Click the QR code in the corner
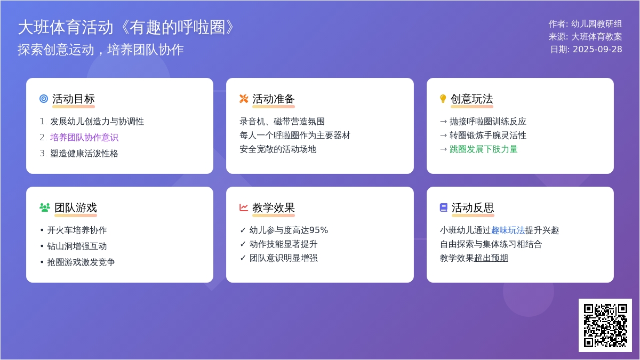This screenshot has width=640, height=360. point(605,325)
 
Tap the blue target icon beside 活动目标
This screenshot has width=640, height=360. point(44,99)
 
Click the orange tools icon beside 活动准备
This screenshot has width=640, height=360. point(244,99)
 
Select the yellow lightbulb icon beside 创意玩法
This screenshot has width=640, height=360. point(443,99)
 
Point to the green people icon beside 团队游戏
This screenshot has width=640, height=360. point(45,207)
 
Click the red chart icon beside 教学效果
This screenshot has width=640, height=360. point(244,207)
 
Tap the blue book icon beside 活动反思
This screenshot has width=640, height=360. point(443,207)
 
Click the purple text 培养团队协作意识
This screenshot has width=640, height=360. point(84,138)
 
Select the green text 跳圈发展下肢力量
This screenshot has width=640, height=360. point(484,149)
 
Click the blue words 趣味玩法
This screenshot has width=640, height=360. point(508,230)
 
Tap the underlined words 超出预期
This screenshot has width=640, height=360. point(491,258)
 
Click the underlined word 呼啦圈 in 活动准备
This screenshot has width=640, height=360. point(286,135)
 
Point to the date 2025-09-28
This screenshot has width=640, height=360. point(597,50)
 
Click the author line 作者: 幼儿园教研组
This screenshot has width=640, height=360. point(585,24)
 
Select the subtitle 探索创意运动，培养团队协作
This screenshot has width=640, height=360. point(101,50)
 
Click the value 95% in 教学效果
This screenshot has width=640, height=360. point(318,230)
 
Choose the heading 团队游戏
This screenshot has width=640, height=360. point(76,207)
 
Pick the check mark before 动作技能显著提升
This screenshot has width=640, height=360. point(243,244)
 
